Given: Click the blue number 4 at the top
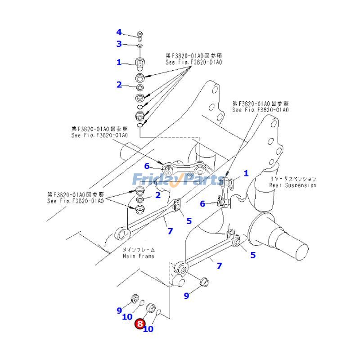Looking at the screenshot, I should pyautogui.click(x=119, y=32).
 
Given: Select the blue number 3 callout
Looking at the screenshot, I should pyautogui.click(x=119, y=44).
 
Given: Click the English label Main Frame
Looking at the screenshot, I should pyautogui.click(x=139, y=256).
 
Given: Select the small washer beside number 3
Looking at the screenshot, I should pyautogui.click(x=140, y=45).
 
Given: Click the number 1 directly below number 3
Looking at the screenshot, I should pyautogui.click(x=119, y=63).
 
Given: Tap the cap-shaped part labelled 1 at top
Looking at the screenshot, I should pyautogui.click(x=140, y=63).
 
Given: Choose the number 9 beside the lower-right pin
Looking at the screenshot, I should pyautogui.click(x=186, y=296).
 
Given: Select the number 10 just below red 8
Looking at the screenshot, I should pyautogui.click(x=148, y=329).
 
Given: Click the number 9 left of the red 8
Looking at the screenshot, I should pyautogui.click(x=120, y=310).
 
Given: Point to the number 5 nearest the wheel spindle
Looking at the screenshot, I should pyautogui.click(x=253, y=255).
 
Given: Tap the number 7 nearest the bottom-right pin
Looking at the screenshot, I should pyautogui.click(x=219, y=266).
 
